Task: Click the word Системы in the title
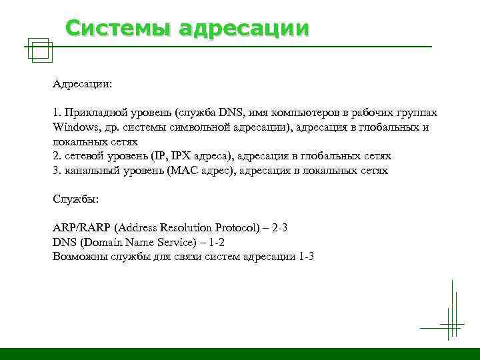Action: (109, 28)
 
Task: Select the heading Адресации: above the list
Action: (82, 85)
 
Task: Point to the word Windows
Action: (73, 127)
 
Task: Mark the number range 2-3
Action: (281, 227)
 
